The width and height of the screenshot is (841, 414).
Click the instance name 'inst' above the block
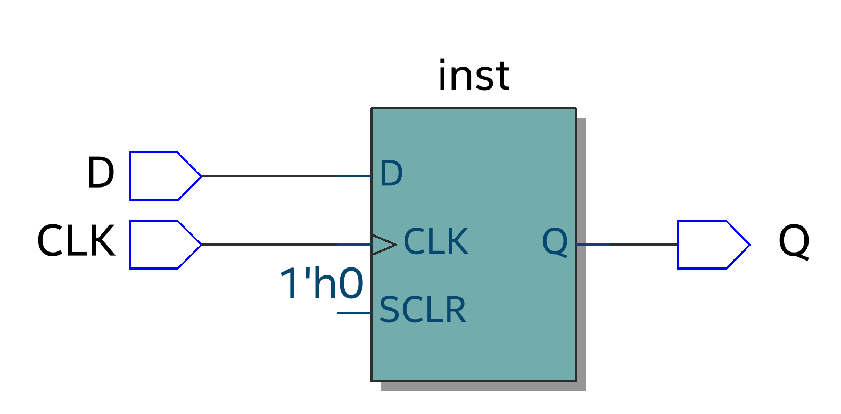pyautogui.click(x=473, y=76)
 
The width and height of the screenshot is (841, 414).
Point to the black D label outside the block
pyautogui.click(x=100, y=173)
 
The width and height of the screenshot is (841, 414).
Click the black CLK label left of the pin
pyautogui.click(x=76, y=241)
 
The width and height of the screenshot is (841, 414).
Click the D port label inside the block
pyautogui.click(x=391, y=174)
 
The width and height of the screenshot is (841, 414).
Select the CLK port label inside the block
pyautogui.click(x=435, y=242)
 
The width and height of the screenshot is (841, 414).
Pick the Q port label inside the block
pyautogui.click(x=555, y=242)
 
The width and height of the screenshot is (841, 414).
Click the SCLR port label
pyautogui.click(x=422, y=310)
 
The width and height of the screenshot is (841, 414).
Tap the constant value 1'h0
pyautogui.click(x=321, y=283)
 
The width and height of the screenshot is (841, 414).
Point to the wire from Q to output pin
pyautogui.click(x=628, y=245)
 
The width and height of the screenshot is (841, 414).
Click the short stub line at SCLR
pyautogui.click(x=354, y=313)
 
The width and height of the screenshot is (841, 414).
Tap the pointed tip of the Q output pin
pyautogui.click(x=748, y=245)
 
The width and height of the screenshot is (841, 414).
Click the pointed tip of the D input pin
pyautogui.click(x=200, y=176)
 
